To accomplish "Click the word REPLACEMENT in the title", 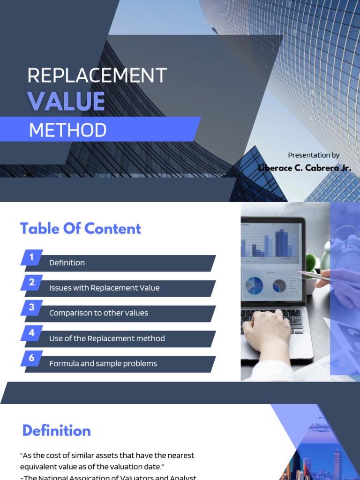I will (x=97, y=75).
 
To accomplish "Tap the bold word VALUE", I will (x=66, y=101).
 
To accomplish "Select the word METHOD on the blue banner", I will (x=68, y=130).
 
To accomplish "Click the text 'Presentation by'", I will (x=314, y=155).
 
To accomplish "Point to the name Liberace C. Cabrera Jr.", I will (x=305, y=167).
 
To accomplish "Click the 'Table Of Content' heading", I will (x=81, y=229).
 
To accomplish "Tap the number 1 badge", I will (x=32, y=257).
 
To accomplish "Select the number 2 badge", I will (x=32, y=282).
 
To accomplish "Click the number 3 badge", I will (x=32, y=307).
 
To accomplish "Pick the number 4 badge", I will (x=32, y=333).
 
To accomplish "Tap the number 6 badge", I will (x=32, y=358).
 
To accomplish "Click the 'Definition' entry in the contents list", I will (x=67, y=263).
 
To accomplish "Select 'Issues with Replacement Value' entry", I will (x=104, y=288).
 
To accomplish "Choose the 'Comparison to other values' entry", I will (x=98, y=313).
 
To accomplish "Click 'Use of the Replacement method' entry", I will (x=107, y=338).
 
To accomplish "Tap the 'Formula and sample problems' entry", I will (x=103, y=364).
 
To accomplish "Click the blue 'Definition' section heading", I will (x=57, y=431).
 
